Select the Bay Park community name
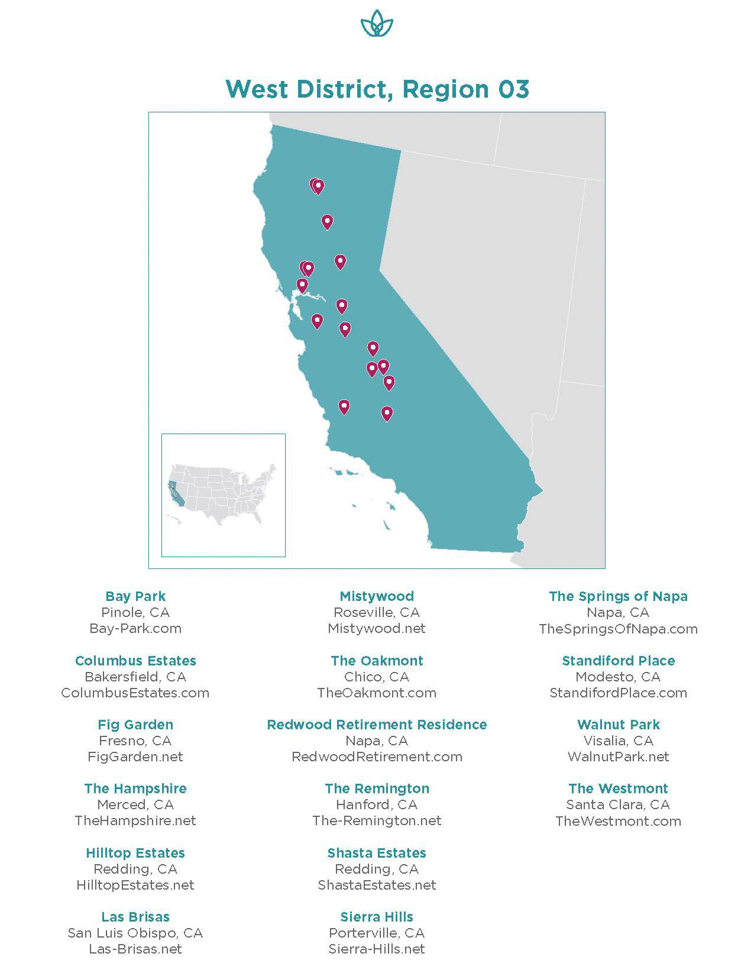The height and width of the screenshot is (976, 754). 135,596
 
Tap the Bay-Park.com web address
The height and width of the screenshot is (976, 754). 135,628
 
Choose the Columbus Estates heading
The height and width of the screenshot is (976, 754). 135,661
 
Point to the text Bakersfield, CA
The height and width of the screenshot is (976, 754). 135,677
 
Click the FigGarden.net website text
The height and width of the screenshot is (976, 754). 135,757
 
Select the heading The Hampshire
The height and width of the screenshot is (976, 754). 135,788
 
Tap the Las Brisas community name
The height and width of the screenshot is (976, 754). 135,917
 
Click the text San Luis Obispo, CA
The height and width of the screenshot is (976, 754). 135,933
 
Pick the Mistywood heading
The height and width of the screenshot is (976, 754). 377,596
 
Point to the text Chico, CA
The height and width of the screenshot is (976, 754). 377,677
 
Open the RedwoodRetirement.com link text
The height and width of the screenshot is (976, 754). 377,757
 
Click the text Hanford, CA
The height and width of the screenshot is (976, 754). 377,804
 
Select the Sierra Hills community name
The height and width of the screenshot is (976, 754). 377,917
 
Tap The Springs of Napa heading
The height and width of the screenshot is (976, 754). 618,596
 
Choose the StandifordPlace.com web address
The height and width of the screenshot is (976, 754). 618,693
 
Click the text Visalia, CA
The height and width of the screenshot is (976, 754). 618,741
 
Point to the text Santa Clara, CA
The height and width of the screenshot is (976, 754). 618,804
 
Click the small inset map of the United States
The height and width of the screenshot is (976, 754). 223,495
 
